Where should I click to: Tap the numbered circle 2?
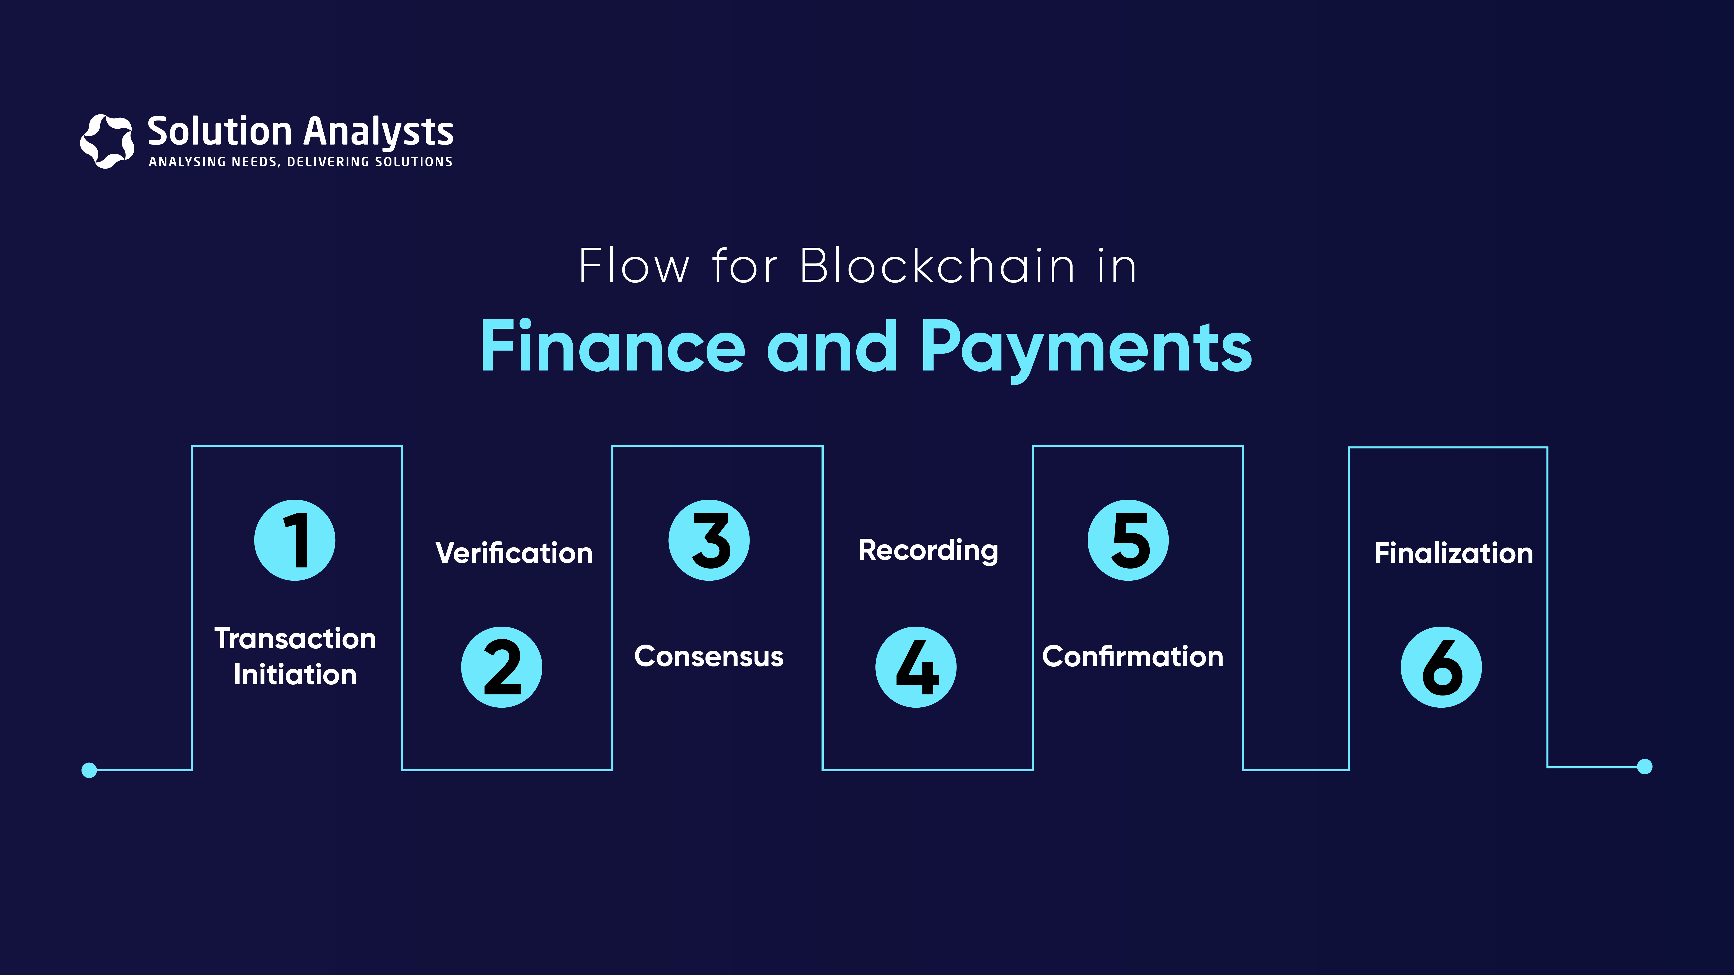[x=502, y=667]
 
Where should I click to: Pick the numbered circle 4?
[x=916, y=667]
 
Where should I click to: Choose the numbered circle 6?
[x=1441, y=667]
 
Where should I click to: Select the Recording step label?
[x=928, y=550]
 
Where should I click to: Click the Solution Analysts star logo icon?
[x=107, y=141]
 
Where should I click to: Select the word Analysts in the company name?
[x=378, y=132]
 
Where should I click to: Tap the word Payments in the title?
[x=1086, y=348]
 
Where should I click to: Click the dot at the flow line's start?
[x=89, y=770]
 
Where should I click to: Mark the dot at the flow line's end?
[x=1644, y=766]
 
